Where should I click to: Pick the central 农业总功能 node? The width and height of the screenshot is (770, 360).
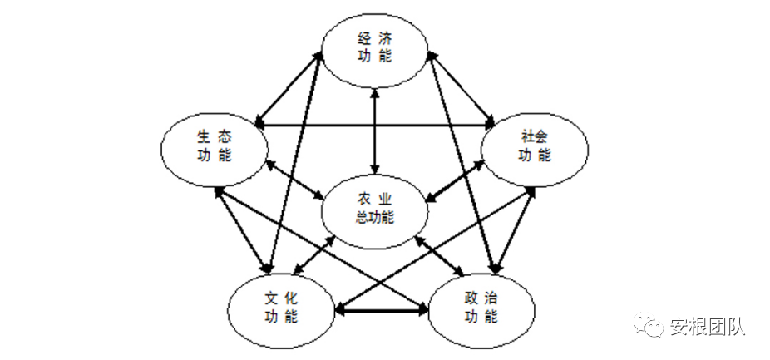point(375,209)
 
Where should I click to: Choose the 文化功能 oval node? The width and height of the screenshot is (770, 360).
point(281,307)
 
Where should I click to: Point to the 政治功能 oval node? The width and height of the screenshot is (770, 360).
point(481,307)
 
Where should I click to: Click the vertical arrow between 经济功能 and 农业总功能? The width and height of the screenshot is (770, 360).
point(375,130)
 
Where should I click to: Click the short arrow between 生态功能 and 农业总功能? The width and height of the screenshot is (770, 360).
point(295,179)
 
